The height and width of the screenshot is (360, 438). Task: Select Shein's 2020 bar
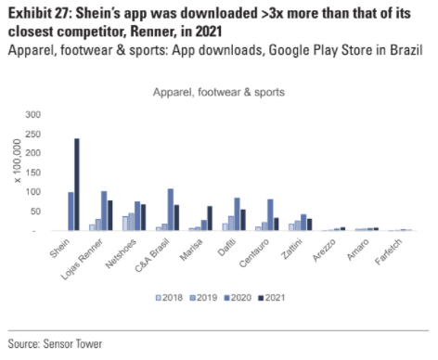tap(71, 212)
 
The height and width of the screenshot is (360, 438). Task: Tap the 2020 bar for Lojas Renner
tap(105, 211)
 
